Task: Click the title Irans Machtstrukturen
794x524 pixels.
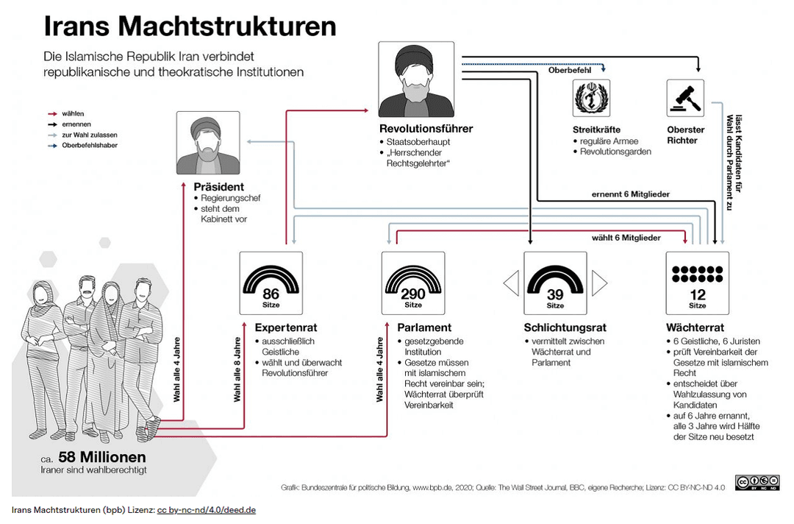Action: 190,26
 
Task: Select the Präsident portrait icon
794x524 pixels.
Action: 208,143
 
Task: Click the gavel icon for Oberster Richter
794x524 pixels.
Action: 684,98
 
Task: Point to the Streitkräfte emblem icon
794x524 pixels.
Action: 591,98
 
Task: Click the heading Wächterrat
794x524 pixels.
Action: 695,327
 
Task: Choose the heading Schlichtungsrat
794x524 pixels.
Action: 565,327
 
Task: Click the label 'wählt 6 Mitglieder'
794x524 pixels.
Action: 626,238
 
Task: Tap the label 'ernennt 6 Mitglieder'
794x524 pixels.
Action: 630,194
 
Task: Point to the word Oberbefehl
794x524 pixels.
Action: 570,70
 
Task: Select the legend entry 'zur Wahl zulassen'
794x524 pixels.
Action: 90,135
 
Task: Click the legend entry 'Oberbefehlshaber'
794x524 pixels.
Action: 90,145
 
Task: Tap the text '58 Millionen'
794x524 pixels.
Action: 101,456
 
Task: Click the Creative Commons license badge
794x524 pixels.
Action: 757,483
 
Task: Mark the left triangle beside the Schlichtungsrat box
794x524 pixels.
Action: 511,283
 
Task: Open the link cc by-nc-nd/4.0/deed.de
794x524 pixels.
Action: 206,510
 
